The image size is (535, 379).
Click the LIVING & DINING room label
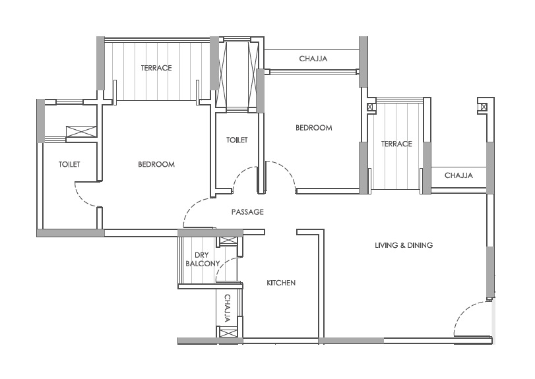(404, 245)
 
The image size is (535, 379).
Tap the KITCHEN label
(281, 283)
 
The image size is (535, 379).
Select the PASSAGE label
(247, 212)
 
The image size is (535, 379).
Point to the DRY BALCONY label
(202, 260)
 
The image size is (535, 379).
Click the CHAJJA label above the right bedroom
(313, 59)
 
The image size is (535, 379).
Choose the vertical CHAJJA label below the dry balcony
(227, 308)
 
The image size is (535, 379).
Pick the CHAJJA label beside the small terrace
(458, 175)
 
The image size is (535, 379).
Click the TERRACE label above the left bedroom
(156, 68)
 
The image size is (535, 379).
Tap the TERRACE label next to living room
(396, 144)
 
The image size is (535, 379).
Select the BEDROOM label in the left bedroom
(156, 164)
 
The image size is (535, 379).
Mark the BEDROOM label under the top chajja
(313, 128)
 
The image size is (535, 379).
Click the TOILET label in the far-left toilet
(69, 164)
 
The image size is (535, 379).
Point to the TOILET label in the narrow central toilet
(237, 140)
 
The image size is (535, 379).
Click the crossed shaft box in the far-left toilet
(81, 132)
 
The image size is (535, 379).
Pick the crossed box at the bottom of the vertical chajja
(227, 333)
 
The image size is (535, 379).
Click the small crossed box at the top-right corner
(484, 107)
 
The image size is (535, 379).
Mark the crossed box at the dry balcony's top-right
(228, 241)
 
